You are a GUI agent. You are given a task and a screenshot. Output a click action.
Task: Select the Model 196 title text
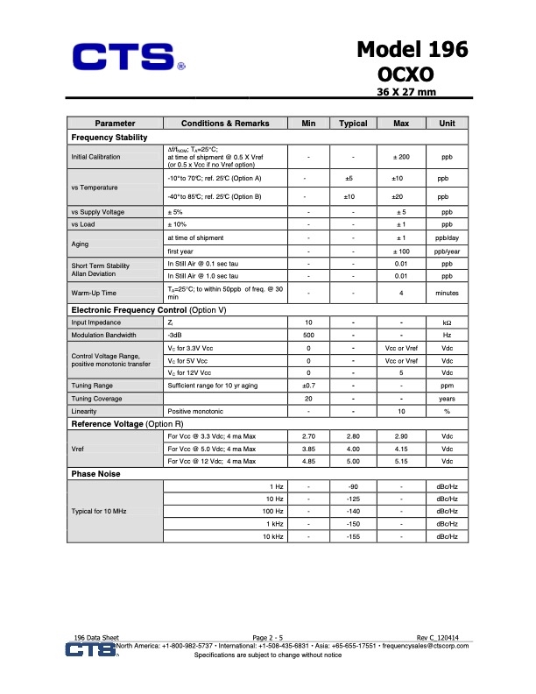tap(412, 51)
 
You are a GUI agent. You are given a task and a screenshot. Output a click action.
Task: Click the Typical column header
tap(353, 124)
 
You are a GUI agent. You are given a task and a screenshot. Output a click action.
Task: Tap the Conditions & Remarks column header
tap(225, 124)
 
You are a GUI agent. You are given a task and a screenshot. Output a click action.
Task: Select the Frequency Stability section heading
tap(109, 138)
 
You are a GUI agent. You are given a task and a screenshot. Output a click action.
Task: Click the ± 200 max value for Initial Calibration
tap(401, 157)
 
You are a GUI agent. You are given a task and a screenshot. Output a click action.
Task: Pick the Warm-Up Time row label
tap(91, 294)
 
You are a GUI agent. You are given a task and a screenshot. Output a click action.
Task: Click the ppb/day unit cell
tap(447, 237)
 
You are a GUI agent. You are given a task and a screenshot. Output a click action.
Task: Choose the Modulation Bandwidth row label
tap(103, 336)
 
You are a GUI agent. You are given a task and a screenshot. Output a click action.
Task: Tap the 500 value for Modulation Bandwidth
tap(308, 336)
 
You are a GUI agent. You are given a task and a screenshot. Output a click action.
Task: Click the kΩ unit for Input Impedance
tap(447, 323)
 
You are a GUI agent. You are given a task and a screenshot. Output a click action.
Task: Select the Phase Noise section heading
tap(95, 474)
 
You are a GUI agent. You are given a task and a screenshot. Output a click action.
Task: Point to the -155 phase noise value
tap(353, 535)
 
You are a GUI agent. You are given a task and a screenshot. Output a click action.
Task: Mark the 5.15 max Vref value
tap(401, 461)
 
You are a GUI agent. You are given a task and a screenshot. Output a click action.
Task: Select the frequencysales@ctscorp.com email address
tap(424, 646)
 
